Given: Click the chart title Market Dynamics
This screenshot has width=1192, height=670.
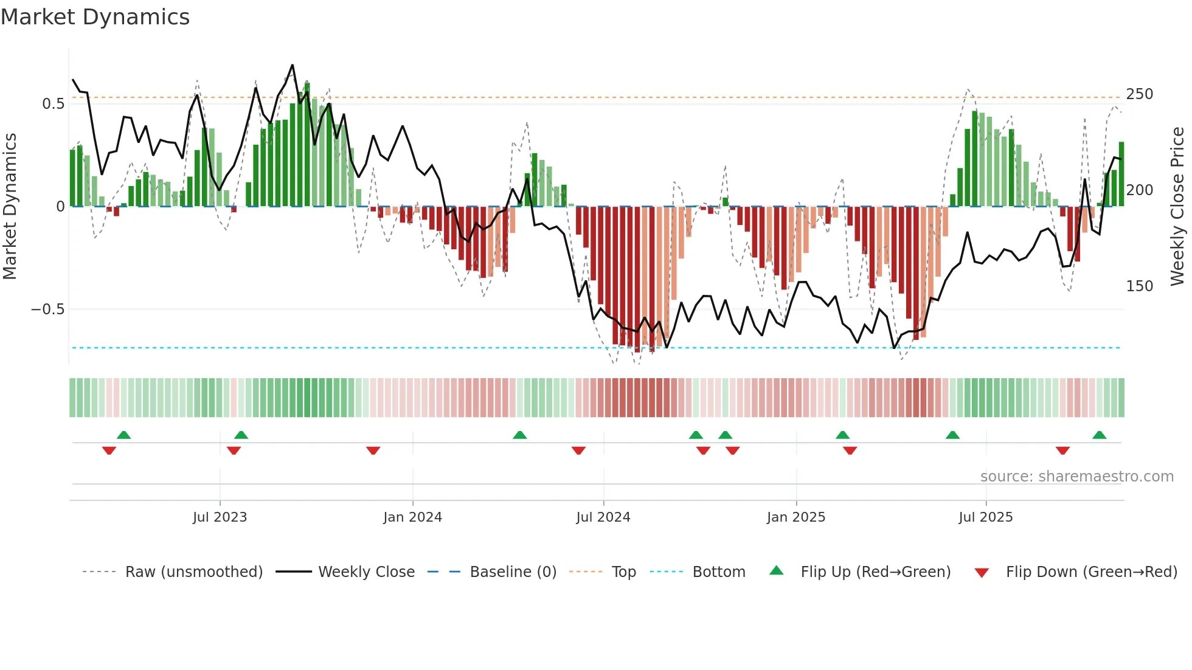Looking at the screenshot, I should [95, 17].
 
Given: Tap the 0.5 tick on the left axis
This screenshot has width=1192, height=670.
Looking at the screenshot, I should [53, 104].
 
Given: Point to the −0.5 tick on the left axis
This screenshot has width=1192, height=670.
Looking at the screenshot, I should [47, 309].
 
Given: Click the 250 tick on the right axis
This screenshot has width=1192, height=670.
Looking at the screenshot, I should [1139, 94].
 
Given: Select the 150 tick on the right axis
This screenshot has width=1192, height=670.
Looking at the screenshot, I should [1139, 286].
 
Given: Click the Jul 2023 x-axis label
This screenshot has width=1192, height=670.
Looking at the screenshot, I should [220, 517].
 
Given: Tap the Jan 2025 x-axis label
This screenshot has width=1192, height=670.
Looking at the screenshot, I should [795, 517].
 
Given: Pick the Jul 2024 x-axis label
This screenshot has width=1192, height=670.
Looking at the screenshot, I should [603, 517].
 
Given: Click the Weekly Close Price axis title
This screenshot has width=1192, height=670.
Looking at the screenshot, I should [1177, 207].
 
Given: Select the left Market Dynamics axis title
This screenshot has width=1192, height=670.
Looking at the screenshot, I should [10, 207].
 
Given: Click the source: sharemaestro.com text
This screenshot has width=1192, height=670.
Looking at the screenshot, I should [1076, 477].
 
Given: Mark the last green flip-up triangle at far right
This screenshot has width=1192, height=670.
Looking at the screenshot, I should [1099, 435].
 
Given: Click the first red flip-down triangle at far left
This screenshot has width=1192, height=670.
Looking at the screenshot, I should [109, 451].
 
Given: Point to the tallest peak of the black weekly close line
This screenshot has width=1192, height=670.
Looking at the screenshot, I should [293, 65].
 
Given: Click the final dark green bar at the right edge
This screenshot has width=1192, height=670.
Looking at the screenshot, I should [1121, 174].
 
